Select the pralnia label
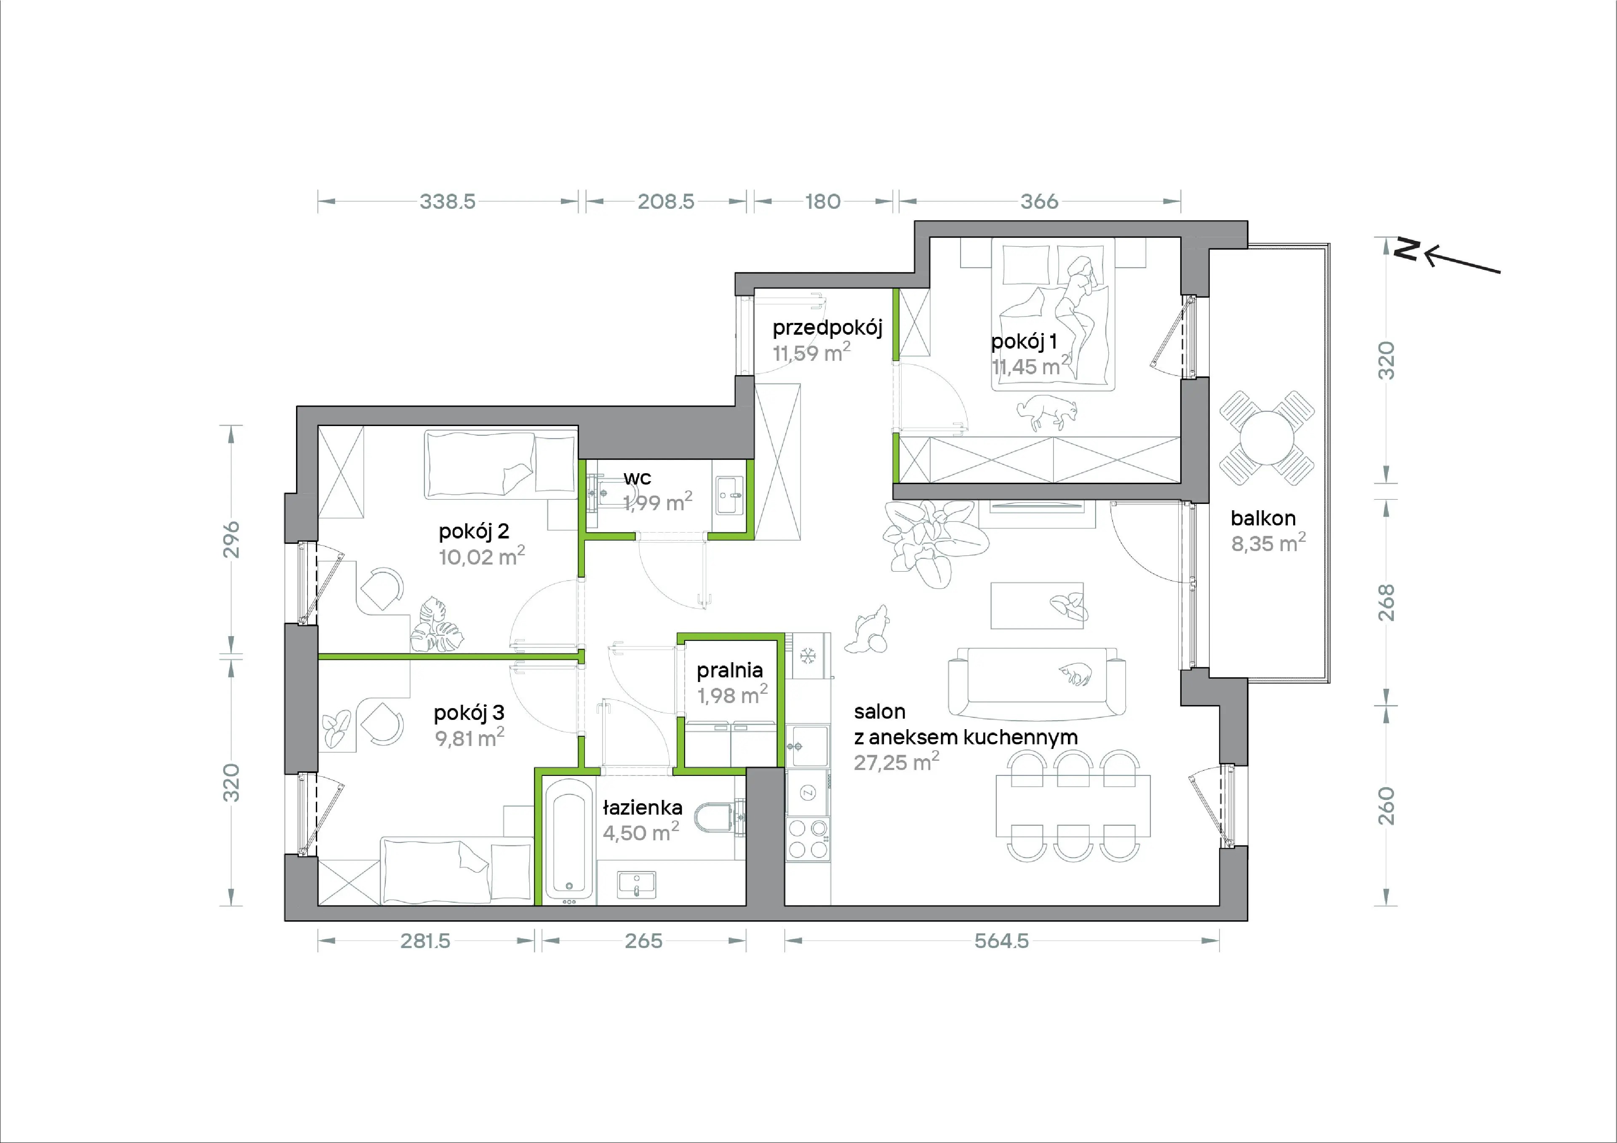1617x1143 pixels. (730, 671)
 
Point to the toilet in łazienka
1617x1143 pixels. (718, 818)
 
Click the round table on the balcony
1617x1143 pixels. (1267, 438)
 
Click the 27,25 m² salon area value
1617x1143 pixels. (897, 762)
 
